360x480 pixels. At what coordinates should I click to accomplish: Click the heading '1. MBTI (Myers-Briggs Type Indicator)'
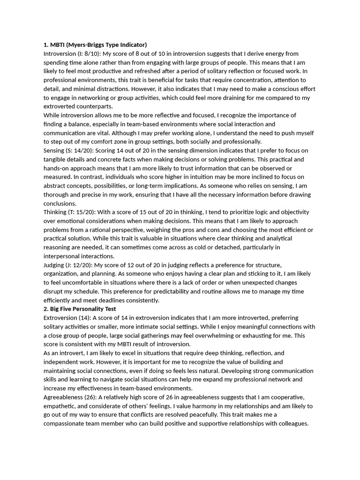(95, 45)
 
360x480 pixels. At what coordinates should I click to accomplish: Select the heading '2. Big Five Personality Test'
(80, 309)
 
